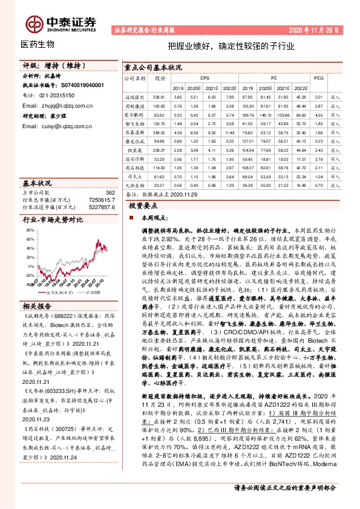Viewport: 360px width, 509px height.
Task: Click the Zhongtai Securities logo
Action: (61, 21)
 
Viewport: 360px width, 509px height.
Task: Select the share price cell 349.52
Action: (159, 131)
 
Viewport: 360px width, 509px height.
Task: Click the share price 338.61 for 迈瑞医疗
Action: (159, 97)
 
